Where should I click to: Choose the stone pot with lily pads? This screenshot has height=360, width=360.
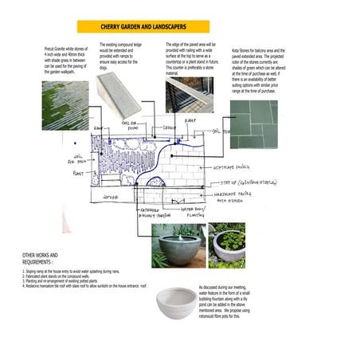pyautogui.click(x=226, y=245)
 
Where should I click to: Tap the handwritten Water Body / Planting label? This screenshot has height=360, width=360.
pyautogui.click(x=196, y=211)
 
